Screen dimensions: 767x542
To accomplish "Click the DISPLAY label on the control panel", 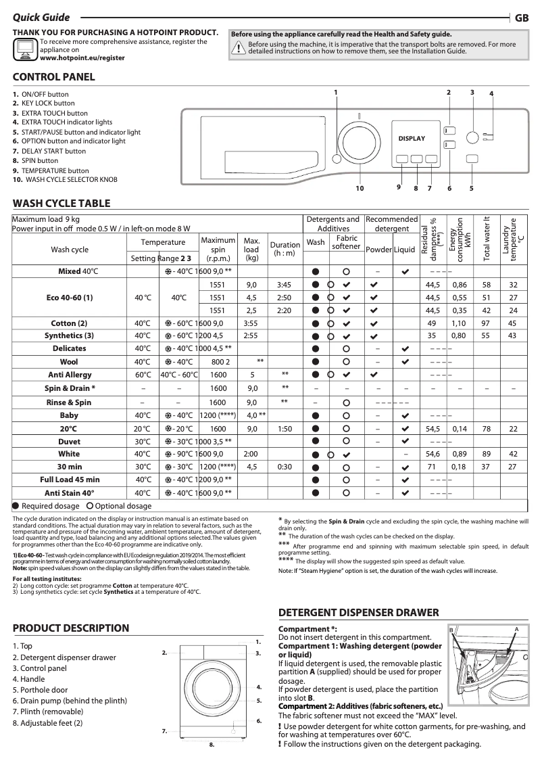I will click(x=412, y=139).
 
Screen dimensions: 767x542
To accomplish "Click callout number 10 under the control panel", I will click(x=360, y=188).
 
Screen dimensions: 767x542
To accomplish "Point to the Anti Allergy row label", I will click(x=70, y=375).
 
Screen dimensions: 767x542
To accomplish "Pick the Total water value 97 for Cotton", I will click(x=486, y=323).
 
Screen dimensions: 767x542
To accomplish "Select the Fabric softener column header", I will click(x=347, y=242).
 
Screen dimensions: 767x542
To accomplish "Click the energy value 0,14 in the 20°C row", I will click(x=460, y=429).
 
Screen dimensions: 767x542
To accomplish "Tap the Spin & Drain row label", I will click(x=70, y=388).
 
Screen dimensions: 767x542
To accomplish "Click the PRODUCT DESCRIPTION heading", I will click(x=71, y=628).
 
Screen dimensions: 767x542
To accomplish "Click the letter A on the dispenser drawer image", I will click(x=516, y=629).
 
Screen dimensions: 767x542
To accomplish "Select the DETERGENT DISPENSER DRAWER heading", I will click(x=359, y=612).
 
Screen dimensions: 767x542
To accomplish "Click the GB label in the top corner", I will click(x=522, y=18).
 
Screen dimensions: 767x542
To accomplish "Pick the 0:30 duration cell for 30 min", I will click(x=285, y=467).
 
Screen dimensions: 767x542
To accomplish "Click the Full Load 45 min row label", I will click(x=70, y=480).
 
